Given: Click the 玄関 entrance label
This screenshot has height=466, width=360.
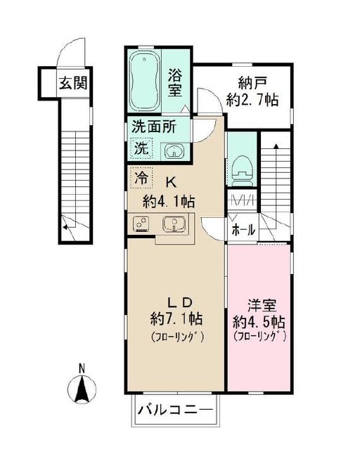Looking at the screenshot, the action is tap(73, 83).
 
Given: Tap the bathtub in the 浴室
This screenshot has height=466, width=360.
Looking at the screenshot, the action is tap(144, 81).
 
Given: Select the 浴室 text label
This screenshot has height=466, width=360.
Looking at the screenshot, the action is tap(175, 82).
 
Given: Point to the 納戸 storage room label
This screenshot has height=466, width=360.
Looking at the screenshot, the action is tap(252, 83).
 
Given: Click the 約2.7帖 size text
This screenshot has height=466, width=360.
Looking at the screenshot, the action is tap(252, 100).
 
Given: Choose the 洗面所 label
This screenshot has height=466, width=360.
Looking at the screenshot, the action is tap(154, 127).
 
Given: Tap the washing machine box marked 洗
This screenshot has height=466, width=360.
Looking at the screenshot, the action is tap(141, 148).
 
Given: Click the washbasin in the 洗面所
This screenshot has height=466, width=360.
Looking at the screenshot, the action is tap(174, 151).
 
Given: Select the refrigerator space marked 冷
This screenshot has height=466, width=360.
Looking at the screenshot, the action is tap(141, 178).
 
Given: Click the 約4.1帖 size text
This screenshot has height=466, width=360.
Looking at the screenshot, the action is tap(169, 202).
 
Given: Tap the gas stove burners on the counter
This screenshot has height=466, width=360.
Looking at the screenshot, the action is tap(141, 224).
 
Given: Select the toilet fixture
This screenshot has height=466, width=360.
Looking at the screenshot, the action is tap(243, 169).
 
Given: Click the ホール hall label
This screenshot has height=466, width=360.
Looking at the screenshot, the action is tap(243, 229).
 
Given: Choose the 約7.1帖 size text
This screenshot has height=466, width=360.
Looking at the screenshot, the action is tap(176, 320).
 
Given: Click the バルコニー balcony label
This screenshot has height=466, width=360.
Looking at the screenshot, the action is tap(175, 410).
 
